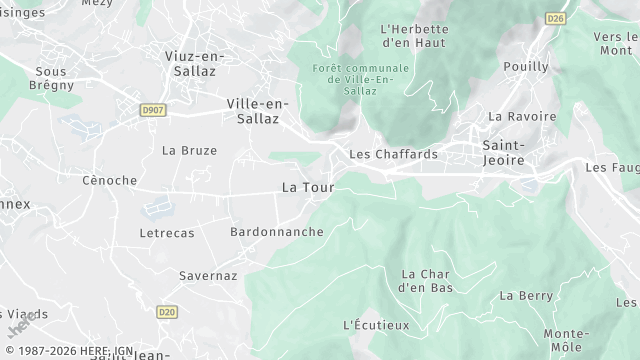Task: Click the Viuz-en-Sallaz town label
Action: (x=192, y=64)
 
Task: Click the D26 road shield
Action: (x=556, y=18)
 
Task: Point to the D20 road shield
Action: (x=167, y=312)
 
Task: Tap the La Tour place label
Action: (x=307, y=187)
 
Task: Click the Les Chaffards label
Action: (x=393, y=154)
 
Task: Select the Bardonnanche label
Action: (x=277, y=231)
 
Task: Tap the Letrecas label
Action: (x=167, y=232)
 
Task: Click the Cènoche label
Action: (x=109, y=180)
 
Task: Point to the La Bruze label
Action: (x=189, y=150)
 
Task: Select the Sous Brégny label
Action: (x=50, y=78)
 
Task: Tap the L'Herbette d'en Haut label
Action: (x=414, y=36)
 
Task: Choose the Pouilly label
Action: (x=527, y=66)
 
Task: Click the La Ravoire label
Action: (x=521, y=116)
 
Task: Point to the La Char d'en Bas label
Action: (x=427, y=280)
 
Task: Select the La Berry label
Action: (x=526, y=295)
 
